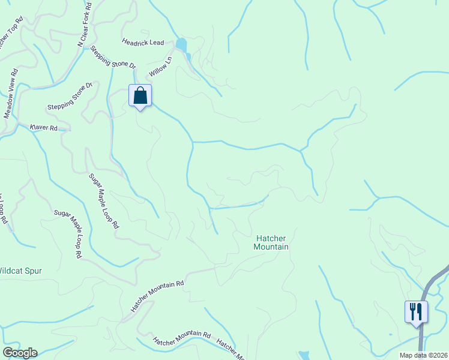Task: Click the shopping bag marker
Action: pyautogui.click(x=140, y=96)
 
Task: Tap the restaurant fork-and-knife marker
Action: pyautogui.click(x=416, y=312)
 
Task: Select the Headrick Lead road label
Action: pyautogui.click(x=143, y=42)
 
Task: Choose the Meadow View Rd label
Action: pyautogui.click(x=11, y=94)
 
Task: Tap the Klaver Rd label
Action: pyautogui.click(x=44, y=128)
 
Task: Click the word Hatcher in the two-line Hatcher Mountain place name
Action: pyautogui.click(x=271, y=238)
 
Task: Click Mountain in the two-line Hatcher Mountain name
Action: pyautogui.click(x=271, y=247)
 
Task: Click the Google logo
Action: pyautogui.click(x=20, y=353)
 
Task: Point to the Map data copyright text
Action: pyautogui.click(x=424, y=355)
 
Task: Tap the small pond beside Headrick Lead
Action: pyautogui.click(x=181, y=44)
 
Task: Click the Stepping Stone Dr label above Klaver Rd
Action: pyautogui.click(x=70, y=96)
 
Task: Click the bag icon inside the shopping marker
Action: pyautogui.click(x=140, y=95)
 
